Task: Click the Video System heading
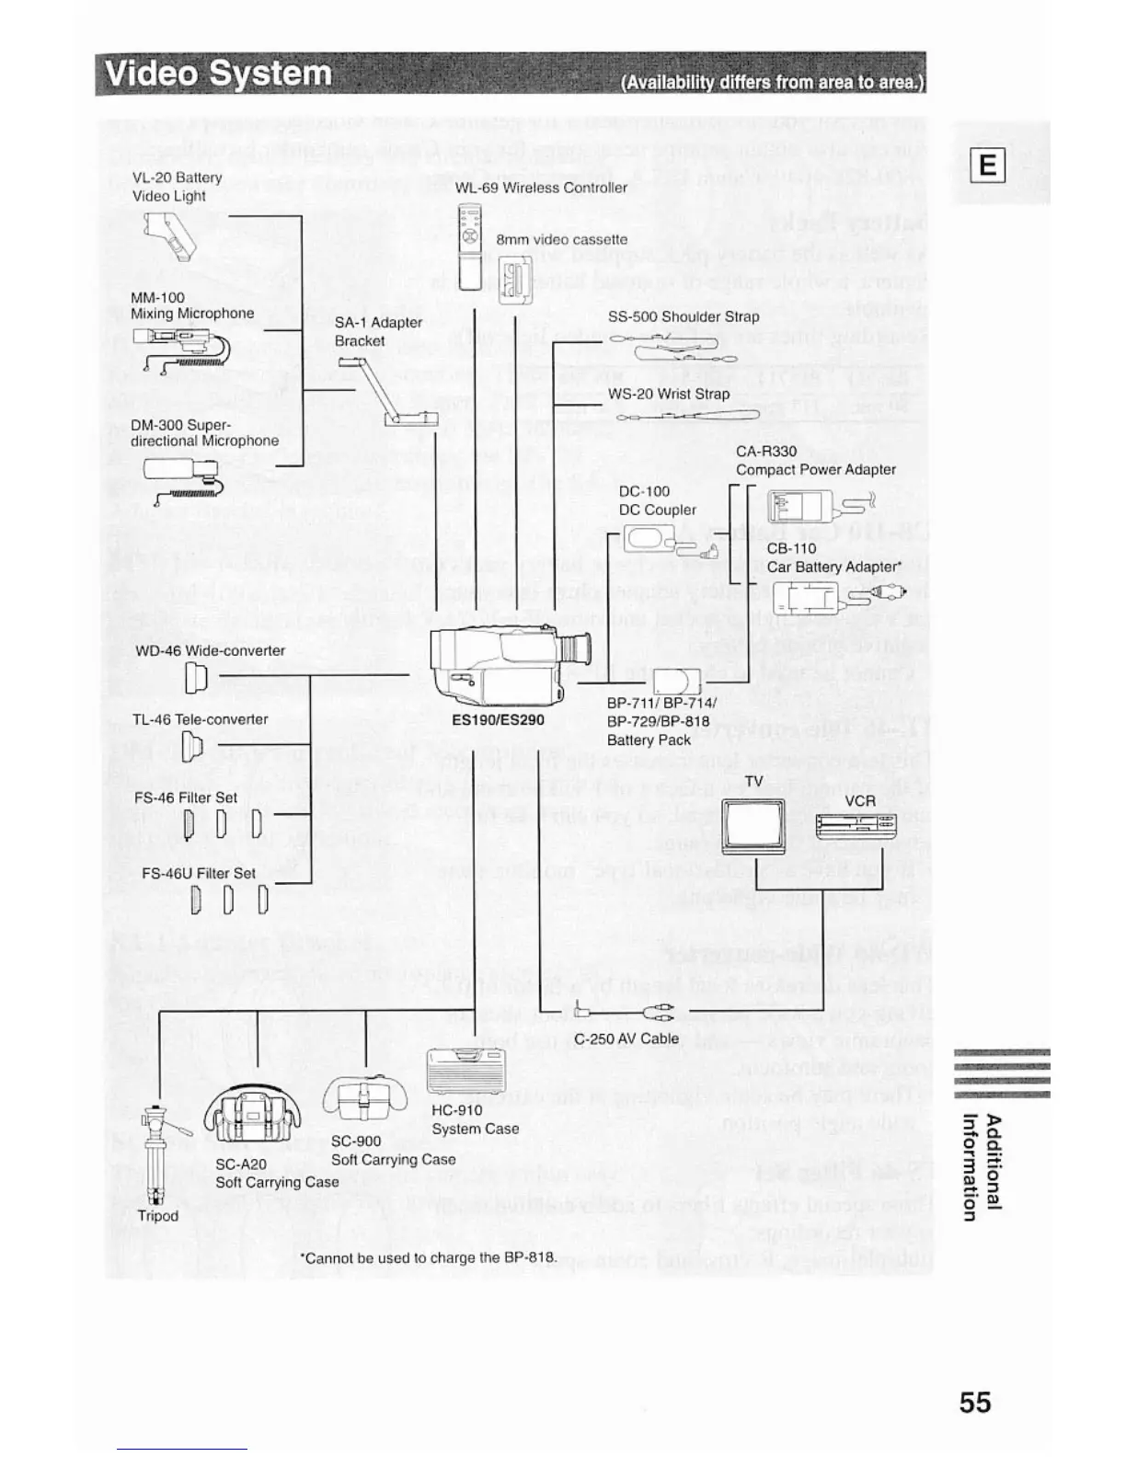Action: [x=219, y=74]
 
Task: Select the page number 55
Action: [x=974, y=1402]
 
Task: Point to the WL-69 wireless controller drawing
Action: [x=469, y=246]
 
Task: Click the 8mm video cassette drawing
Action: [x=515, y=280]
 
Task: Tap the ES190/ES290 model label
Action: [x=498, y=720]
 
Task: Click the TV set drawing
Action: [x=754, y=825]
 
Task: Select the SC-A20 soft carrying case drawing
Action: [x=252, y=1118]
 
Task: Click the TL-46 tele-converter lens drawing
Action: [x=192, y=746]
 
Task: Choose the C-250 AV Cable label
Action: [x=626, y=1038]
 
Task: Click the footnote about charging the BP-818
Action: [x=429, y=1257]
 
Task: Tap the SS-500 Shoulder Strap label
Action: [x=684, y=316]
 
